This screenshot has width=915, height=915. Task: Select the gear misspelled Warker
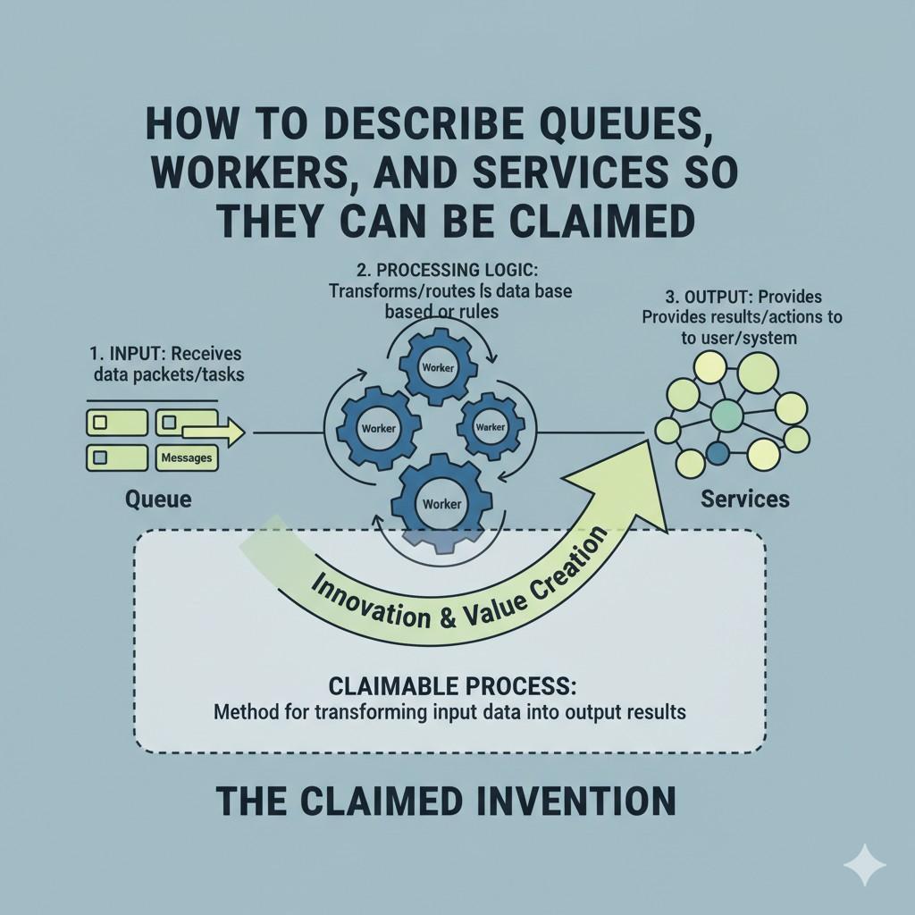[x=491, y=427]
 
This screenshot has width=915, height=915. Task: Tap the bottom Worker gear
[x=442, y=503]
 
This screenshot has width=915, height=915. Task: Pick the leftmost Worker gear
[x=377, y=428]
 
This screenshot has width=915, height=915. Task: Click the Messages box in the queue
[x=188, y=457]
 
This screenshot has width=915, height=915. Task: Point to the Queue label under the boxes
[x=158, y=498]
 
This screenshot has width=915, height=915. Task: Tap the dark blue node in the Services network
[x=717, y=453]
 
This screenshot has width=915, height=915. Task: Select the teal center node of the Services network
[x=726, y=414]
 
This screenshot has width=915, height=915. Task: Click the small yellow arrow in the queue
[x=214, y=433]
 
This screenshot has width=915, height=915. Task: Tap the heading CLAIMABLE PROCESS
[x=452, y=686]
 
